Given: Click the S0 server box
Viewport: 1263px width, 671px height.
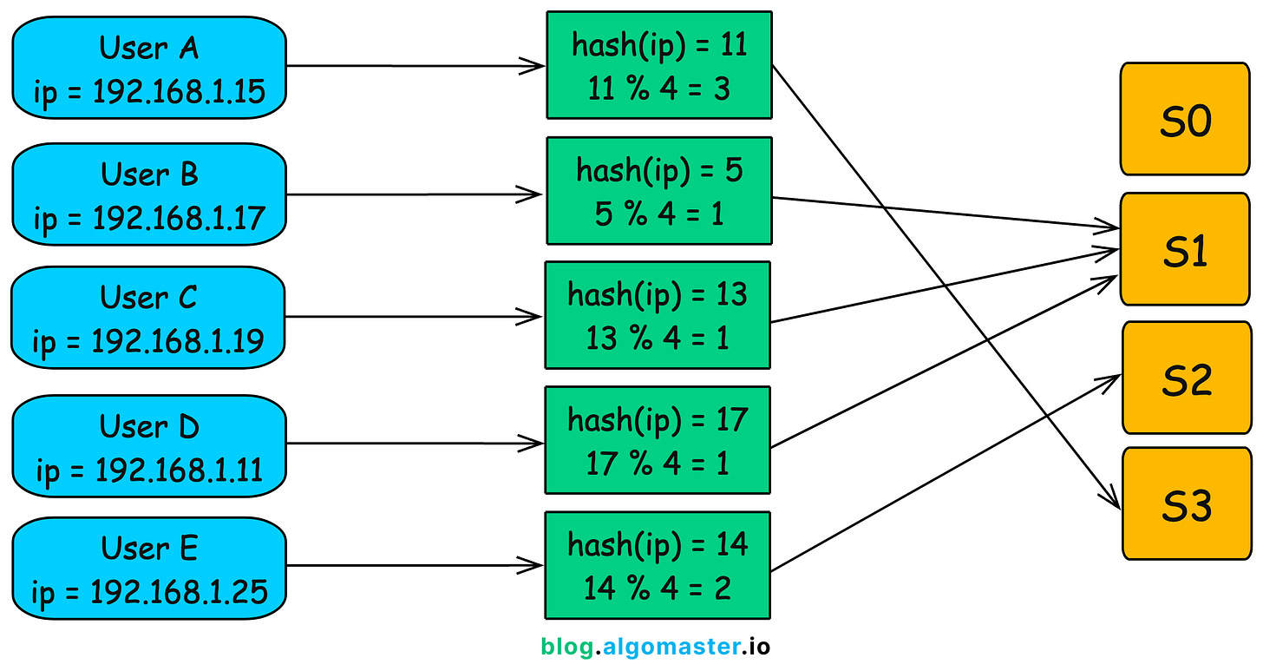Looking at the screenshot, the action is [1185, 119].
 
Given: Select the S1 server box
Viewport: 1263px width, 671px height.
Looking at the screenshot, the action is [1185, 249].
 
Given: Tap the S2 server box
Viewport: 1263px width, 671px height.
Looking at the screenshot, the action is [1187, 378].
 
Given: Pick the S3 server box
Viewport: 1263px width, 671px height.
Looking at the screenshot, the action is [1187, 503].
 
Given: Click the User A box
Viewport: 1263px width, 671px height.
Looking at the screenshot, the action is [149, 68].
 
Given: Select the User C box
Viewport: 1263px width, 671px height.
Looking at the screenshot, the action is [148, 318].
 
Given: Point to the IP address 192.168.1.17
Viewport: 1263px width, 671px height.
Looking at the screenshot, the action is [179, 218].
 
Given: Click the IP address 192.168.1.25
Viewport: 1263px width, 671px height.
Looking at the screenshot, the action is [179, 592].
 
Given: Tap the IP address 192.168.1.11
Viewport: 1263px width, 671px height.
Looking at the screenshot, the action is [179, 470].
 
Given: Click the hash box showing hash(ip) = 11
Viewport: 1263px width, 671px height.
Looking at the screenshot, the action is [659, 65].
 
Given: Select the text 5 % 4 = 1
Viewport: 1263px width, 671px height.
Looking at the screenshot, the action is [659, 214].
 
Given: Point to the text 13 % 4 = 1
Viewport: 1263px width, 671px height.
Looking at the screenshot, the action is [658, 339].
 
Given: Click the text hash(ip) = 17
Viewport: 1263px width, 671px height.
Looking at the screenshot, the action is [658, 420].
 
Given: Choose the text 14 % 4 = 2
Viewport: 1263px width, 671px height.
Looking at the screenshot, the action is [658, 588].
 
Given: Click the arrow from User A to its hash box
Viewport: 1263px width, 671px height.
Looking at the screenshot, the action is [416, 66].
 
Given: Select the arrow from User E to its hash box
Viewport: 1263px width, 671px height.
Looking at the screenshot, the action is [415, 565].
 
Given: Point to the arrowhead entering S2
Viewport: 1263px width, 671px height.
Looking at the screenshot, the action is [1109, 381].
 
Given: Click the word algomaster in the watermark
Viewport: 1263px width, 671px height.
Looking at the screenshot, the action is [671, 647].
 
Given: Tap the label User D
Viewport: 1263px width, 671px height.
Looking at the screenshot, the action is [149, 426].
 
